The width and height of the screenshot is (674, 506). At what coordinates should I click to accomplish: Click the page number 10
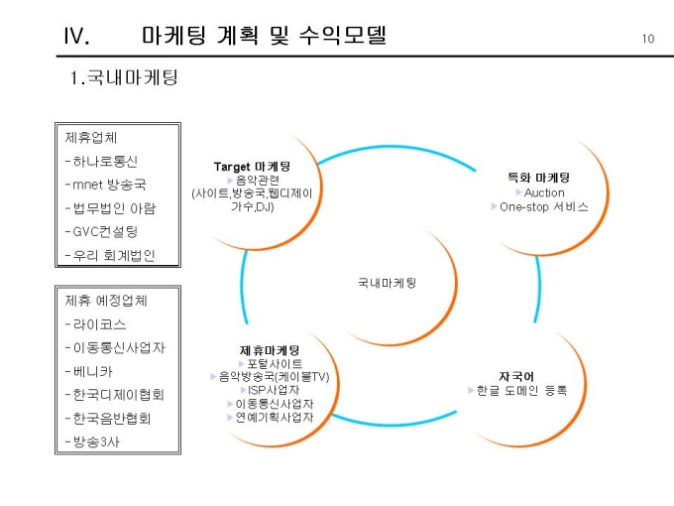648,39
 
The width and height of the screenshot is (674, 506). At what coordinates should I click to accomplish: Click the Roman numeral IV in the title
76,38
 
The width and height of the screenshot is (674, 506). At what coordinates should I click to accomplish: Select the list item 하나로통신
102,161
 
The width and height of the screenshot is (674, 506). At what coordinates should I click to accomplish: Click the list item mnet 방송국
108,185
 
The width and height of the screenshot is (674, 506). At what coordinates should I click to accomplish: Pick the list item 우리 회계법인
111,256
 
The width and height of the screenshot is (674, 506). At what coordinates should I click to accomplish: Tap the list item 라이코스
96,324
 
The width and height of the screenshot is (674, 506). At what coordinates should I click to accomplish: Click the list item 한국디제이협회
112,394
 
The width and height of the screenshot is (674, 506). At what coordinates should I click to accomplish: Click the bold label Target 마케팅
252,166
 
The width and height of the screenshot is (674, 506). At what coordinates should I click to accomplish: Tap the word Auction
545,192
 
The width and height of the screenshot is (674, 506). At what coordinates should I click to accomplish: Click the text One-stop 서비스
544,207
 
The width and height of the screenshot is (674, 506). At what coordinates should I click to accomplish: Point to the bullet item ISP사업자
273,390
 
